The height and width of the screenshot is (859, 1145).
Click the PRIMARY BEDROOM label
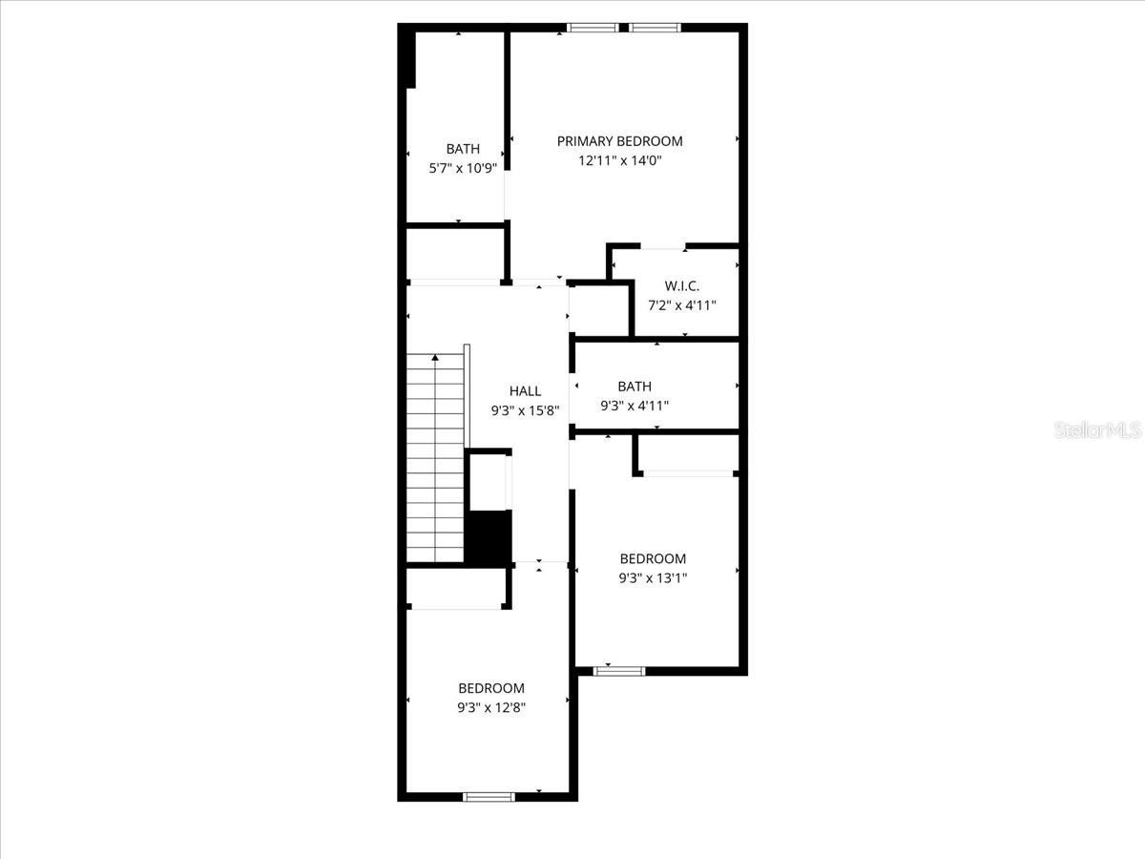tap(619, 141)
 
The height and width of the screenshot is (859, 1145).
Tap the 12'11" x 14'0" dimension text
tap(619, 160)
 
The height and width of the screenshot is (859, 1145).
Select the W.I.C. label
tap(682, 285)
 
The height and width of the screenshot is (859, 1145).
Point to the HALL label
tap(525, 391)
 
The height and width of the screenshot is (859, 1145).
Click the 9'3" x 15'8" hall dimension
tap(525, 411)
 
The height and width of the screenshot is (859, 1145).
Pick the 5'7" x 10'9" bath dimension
tap(463, 169)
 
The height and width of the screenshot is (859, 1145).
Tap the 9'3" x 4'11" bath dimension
tap(635, 406)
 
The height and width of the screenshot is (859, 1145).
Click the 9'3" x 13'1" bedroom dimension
tap(653, 577)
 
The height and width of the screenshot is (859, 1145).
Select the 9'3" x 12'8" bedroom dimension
tap(491, 708)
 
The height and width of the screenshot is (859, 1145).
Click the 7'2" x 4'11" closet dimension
tap(682, 305)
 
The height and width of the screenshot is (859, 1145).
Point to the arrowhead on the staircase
tap(435, 357)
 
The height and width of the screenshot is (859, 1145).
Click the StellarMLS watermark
tap(1098, 430)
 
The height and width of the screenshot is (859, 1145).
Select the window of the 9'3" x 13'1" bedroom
tap(618, 671)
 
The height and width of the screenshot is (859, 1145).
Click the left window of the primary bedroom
tap(593, 28)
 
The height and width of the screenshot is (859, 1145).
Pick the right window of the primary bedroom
tap(655, 28)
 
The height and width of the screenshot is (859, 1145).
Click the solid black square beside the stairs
tap(489, 536)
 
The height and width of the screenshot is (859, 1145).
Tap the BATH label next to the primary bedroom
tap(463, 149)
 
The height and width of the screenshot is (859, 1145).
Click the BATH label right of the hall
tap(635, 387)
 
